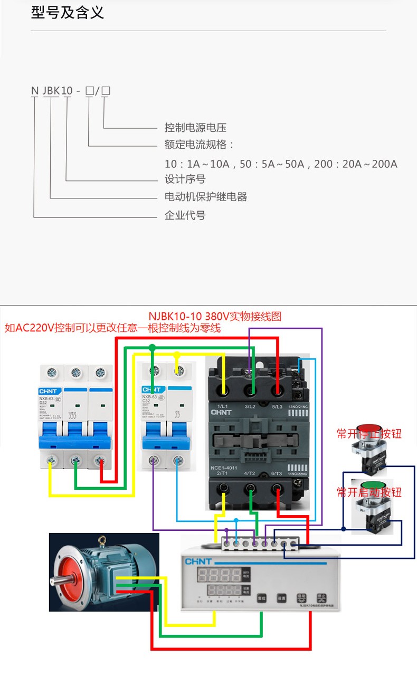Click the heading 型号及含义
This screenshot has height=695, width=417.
coord(68,13)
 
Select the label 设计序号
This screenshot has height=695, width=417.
coord(185,179)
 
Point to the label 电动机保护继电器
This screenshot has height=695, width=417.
coord(206,197)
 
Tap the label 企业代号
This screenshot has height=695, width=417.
coord(185,215)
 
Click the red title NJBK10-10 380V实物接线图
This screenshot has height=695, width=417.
coord(215,316)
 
